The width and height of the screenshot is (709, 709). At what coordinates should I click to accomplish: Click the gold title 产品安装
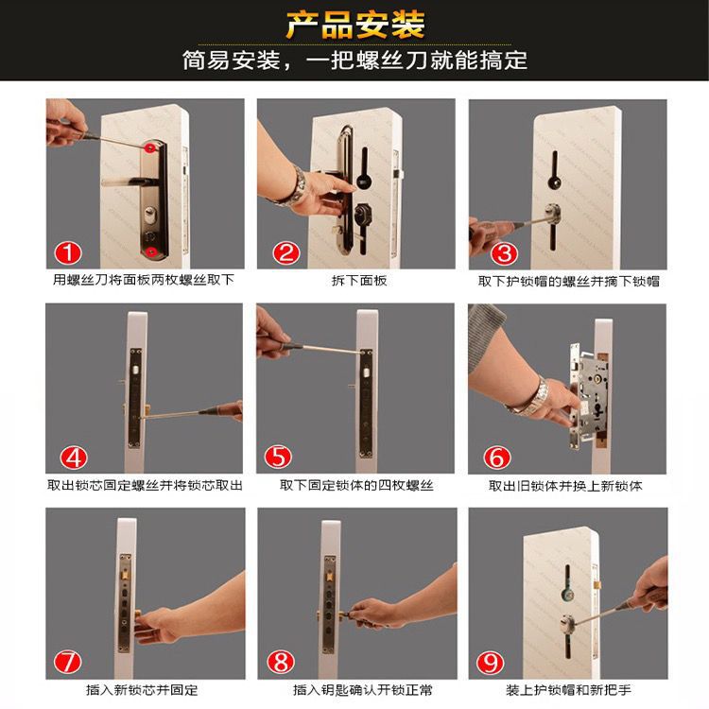(x=355, y=25)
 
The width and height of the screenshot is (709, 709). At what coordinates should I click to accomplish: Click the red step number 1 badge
(x=68, y=252)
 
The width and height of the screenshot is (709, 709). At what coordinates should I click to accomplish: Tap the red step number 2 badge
(x=285, y=252)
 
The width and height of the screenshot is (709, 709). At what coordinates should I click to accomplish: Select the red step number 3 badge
(x=504, y=252)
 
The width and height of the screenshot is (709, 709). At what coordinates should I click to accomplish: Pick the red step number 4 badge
(x=74, y=458)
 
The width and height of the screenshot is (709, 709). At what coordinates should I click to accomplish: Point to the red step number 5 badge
(x=278, y=458)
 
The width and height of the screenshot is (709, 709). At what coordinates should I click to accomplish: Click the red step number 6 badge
(x=497, y=458)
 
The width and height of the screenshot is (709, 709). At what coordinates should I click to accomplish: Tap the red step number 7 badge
(x=67, y=662)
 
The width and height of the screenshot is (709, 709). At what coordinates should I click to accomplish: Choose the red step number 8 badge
(x=281, y=662)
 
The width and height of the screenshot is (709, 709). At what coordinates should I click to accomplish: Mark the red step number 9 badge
(x=490, y=662)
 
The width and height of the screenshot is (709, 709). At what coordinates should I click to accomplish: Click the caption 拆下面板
(x=359, y=281)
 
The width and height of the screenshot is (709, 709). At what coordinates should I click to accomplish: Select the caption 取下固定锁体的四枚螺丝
(x=356, y=486)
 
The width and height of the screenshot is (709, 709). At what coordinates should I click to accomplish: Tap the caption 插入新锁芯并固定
(x=142, y=690)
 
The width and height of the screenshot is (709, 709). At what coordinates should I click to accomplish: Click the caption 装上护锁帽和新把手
(x=568, y=690)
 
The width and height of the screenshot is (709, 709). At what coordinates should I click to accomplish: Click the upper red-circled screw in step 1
(x=148, y=147)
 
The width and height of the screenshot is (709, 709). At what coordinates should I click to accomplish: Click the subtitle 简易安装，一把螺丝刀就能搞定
(x=354, y=61)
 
